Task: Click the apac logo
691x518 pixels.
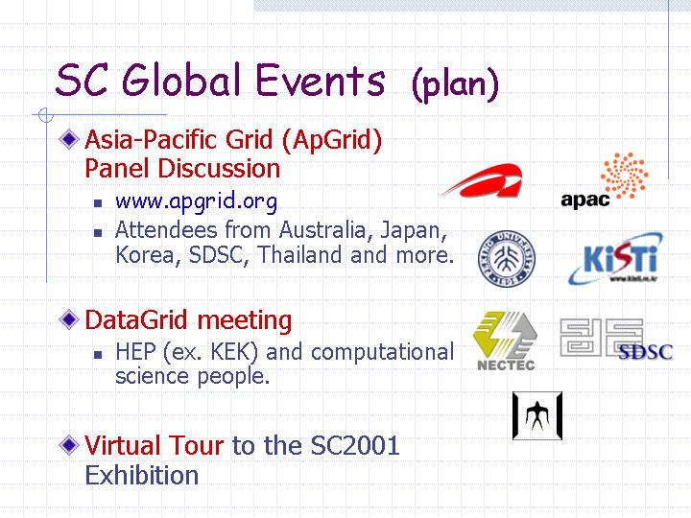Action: point(605,180)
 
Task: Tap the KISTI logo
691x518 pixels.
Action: point(615,259)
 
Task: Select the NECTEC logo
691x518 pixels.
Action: point(506,341)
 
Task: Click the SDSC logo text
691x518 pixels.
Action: point(646,351)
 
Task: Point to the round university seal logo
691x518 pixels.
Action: point(507,259)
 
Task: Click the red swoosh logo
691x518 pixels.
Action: point(483,180)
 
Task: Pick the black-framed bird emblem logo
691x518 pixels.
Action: point(537,415)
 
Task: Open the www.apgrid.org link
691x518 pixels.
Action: point(196,201)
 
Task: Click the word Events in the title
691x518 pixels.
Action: point(321,81)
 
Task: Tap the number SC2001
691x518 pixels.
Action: point(355,445)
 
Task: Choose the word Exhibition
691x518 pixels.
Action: point(141,475)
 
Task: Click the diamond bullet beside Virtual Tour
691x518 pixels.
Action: point(69,444)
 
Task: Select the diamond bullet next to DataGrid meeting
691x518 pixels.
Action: point(69,318)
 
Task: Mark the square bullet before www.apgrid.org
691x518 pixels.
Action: point(98,203)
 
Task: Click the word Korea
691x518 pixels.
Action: point(145,254)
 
